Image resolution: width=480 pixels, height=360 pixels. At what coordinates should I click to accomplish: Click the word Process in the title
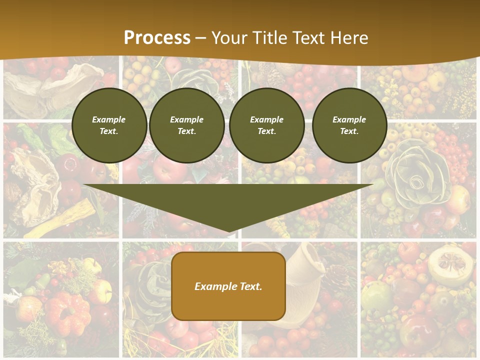click(157, 38)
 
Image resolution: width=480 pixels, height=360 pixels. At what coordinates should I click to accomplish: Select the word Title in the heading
click(270, 38)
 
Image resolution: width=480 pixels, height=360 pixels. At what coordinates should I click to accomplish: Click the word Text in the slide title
click(309, 38)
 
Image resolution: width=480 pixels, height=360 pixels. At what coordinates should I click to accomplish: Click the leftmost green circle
click(109, 125)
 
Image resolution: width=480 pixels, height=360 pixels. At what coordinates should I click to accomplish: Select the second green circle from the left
click(187, 125)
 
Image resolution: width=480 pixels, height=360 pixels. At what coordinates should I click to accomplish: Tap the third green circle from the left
click(266, 125)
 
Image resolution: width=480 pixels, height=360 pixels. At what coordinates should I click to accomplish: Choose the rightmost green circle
click(349, 125)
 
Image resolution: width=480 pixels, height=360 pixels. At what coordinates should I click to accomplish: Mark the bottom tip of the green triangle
click(228, 231)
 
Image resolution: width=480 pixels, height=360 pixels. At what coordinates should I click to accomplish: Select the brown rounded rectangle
click(228, 286)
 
